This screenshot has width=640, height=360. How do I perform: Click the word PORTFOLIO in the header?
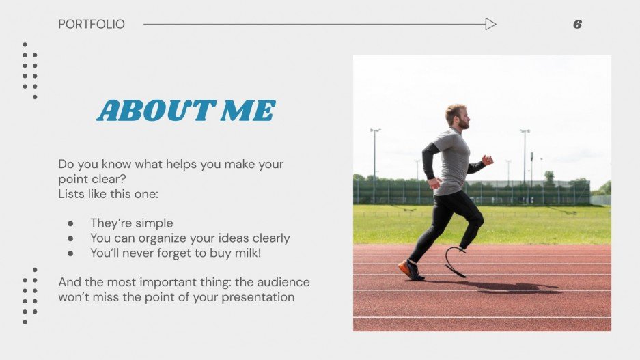tap(92, 25)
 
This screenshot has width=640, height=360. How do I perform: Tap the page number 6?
tap(577, 25)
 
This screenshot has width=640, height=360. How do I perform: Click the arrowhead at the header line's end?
tap(490, 25)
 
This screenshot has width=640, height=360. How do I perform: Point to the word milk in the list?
tap(244, 253)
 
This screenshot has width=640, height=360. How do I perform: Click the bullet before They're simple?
tap(70, 223)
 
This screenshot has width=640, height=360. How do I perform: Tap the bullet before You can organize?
tap(70, 238)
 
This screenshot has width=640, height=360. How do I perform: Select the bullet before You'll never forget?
tap(70, 253)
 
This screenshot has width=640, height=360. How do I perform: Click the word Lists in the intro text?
tap(72, 194)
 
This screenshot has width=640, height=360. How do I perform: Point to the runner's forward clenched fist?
tap(487, 160)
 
